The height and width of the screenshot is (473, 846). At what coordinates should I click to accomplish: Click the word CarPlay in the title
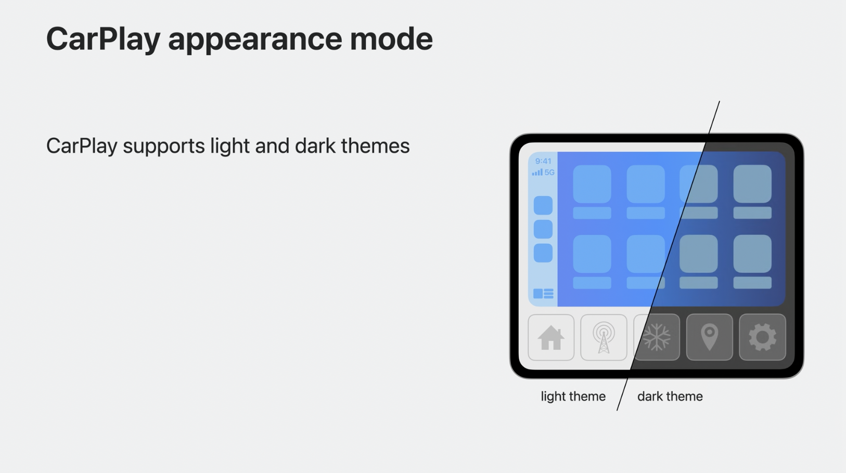click(x=102, y=39)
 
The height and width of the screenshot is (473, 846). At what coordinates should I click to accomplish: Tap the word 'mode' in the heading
click(x=391, y=39)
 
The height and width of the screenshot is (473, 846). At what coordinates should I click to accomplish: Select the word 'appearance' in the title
click(x=255, y=39)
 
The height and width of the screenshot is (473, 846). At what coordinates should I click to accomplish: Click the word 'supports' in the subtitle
click(x=164, y=146)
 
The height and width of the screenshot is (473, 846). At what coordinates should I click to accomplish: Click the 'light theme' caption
click(x=573, y=397)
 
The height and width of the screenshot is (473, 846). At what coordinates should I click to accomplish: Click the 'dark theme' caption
click(x=670, y=397)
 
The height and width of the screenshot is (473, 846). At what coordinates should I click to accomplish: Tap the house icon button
click(x=551, y=338)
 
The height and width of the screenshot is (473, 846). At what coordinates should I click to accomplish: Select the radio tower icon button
click(x=604, y=338)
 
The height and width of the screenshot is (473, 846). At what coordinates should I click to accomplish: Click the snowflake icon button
click(x=657, y=338)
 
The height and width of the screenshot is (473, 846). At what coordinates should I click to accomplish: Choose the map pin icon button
click(x=709, y=338)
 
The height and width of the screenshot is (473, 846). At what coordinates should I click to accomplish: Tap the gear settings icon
click(x=762, y=338)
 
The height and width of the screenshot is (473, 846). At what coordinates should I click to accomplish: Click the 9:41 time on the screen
click(x=543, y=161)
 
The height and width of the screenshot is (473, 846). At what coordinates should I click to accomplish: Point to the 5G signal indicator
click(x=543, y=173)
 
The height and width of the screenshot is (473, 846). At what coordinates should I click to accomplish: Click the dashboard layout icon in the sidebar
click(x=543, y=294)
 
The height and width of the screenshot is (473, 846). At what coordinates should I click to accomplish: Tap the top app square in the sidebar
click(x=543, y=205)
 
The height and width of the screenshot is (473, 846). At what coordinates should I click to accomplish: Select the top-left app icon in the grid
click(x=592, y=184)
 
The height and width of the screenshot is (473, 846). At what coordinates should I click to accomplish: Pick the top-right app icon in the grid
click(x=752, y=184)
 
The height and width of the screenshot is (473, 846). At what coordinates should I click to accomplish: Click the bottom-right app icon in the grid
click(x=752, y=254)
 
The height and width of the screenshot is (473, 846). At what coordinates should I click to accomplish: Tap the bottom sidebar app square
click(x=543, y=253)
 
